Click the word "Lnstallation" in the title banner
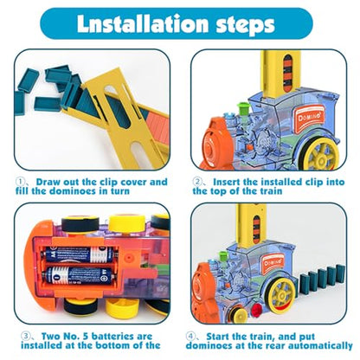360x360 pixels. click(143, 23)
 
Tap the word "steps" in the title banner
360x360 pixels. click(245, 25)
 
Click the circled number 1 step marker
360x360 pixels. click(20, 182)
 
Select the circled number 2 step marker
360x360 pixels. click(197, 182)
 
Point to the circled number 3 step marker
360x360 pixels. click(25, 336)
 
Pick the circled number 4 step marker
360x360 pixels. click(190, 336)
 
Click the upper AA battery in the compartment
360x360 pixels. click(80, 254)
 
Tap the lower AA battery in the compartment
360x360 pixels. click(79, 274)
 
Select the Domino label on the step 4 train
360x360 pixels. click(273, 263)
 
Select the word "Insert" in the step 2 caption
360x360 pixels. click(227, 182)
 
